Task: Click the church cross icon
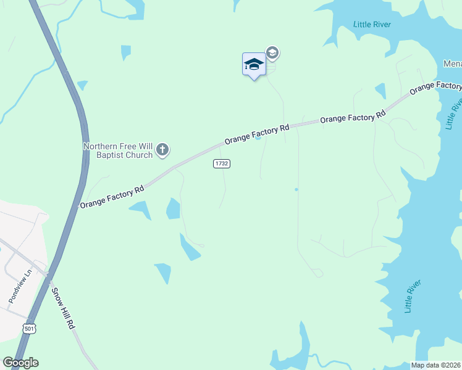coord(162,149)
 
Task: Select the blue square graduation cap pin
coord(254,64)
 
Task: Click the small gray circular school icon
coord(272,53)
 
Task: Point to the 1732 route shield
coord(222,163)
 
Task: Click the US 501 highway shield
coord(29,329)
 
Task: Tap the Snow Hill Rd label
coord(62,308)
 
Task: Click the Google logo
coord(20,363)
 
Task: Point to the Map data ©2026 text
coord(436,365)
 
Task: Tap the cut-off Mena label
coord(452,64)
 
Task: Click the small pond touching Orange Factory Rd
coord(258,138)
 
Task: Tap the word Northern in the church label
coord(99,146)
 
